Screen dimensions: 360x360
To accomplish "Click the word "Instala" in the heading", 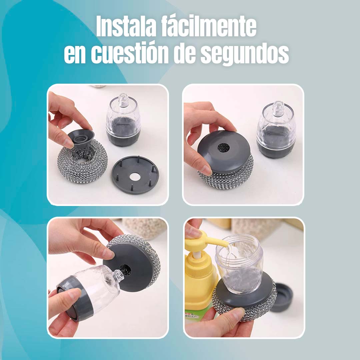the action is (x=126, y=26).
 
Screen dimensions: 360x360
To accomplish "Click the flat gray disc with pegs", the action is (x=135, y=174).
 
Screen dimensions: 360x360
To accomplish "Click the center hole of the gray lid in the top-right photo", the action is (x=222, y=148).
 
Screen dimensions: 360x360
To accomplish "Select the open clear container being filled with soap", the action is (x=239, y=264).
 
